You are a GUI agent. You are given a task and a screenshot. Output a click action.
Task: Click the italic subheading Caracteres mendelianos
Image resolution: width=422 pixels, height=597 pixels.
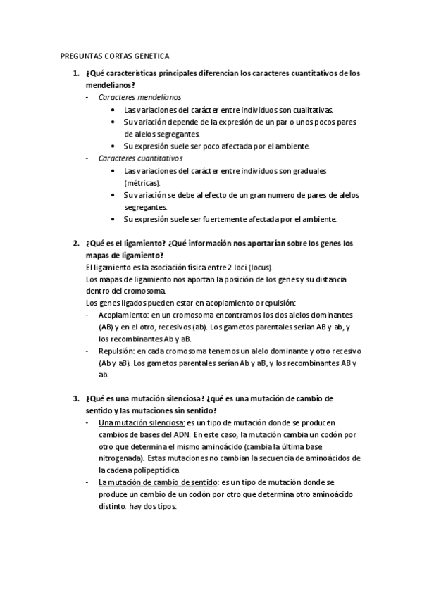click(x=139, y=96)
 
